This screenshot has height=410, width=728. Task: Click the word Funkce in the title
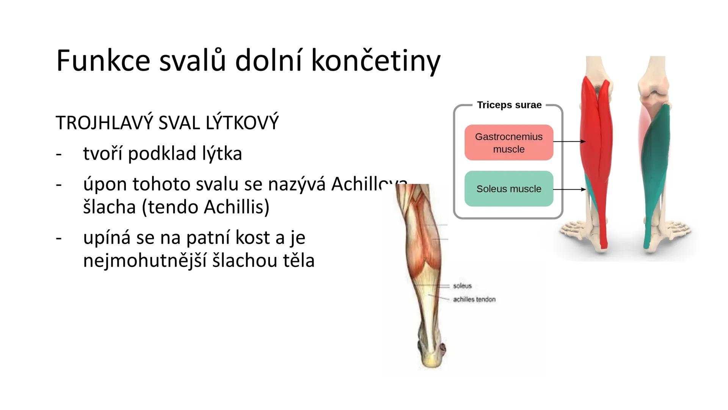coord(103,61)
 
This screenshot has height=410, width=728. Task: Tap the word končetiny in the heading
coord(375,61)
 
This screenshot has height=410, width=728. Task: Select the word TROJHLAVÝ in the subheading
coord(104,123)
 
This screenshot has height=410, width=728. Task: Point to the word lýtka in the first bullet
coord(222,154)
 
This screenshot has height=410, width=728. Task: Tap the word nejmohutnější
coord(144,260)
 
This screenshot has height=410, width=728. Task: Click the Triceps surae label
coord(509,105)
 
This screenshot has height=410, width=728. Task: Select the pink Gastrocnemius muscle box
coord(508,143)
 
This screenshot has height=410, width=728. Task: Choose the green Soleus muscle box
coord(508,189)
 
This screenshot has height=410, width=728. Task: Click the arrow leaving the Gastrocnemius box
coord(569,142)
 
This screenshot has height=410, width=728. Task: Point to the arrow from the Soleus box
coord(569,189)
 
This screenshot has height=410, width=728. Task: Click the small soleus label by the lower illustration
coord(462,286)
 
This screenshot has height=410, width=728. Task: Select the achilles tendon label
coord(474,300)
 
